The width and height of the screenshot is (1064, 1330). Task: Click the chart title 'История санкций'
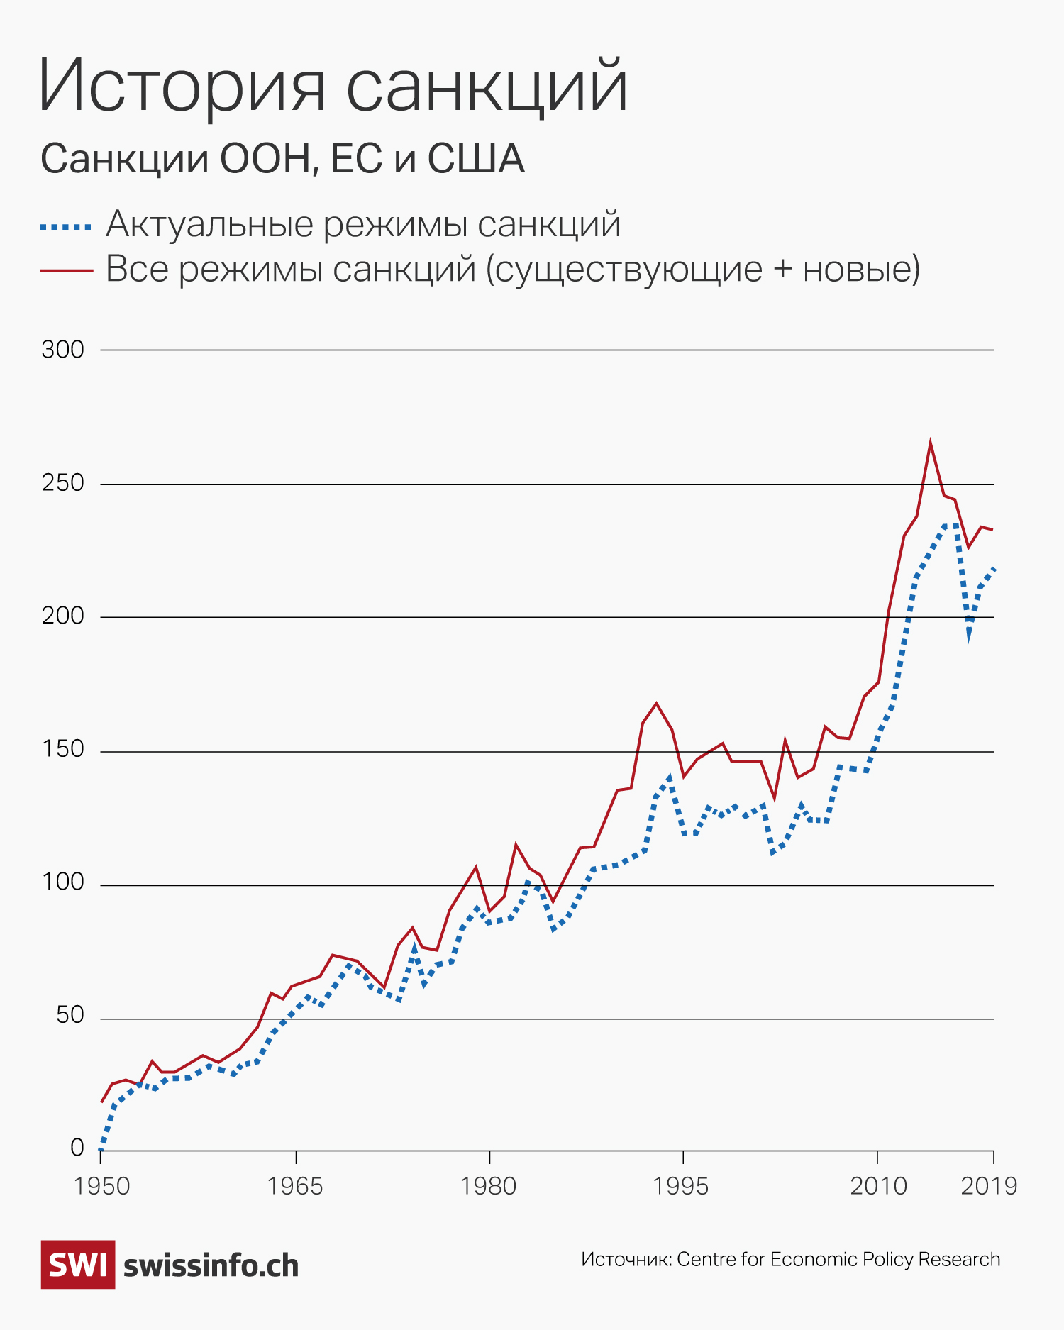point(333,87)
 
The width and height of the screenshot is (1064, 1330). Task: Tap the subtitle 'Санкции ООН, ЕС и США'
point(282,159)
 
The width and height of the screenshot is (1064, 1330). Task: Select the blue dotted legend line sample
point(66,227)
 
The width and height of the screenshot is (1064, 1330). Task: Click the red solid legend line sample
point(66,270)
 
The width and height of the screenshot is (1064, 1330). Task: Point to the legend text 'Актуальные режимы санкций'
point(363,224)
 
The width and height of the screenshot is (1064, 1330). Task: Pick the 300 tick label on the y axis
point(62,350)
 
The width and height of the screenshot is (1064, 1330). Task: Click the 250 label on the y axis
point(62,483)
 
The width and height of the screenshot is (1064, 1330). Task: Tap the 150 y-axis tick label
point(62,750)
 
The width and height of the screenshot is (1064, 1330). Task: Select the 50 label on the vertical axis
point(70,1016)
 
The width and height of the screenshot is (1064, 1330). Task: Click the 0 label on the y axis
point(77,1148)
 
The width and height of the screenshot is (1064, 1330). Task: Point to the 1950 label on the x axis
point(101,1186)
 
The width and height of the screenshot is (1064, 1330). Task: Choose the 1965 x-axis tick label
point(294,1186)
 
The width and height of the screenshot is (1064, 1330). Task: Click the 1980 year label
point(488,1186)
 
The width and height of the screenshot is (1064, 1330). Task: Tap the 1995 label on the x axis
point(681,1186)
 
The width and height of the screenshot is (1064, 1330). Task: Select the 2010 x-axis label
point(878,1186)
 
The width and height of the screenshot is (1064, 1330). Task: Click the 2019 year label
point(989,1186)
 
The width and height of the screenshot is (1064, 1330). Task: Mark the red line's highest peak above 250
point(930,443)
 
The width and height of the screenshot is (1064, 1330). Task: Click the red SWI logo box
point(77,1265)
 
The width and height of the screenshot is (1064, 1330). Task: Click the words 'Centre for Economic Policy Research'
point(838,1260)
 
